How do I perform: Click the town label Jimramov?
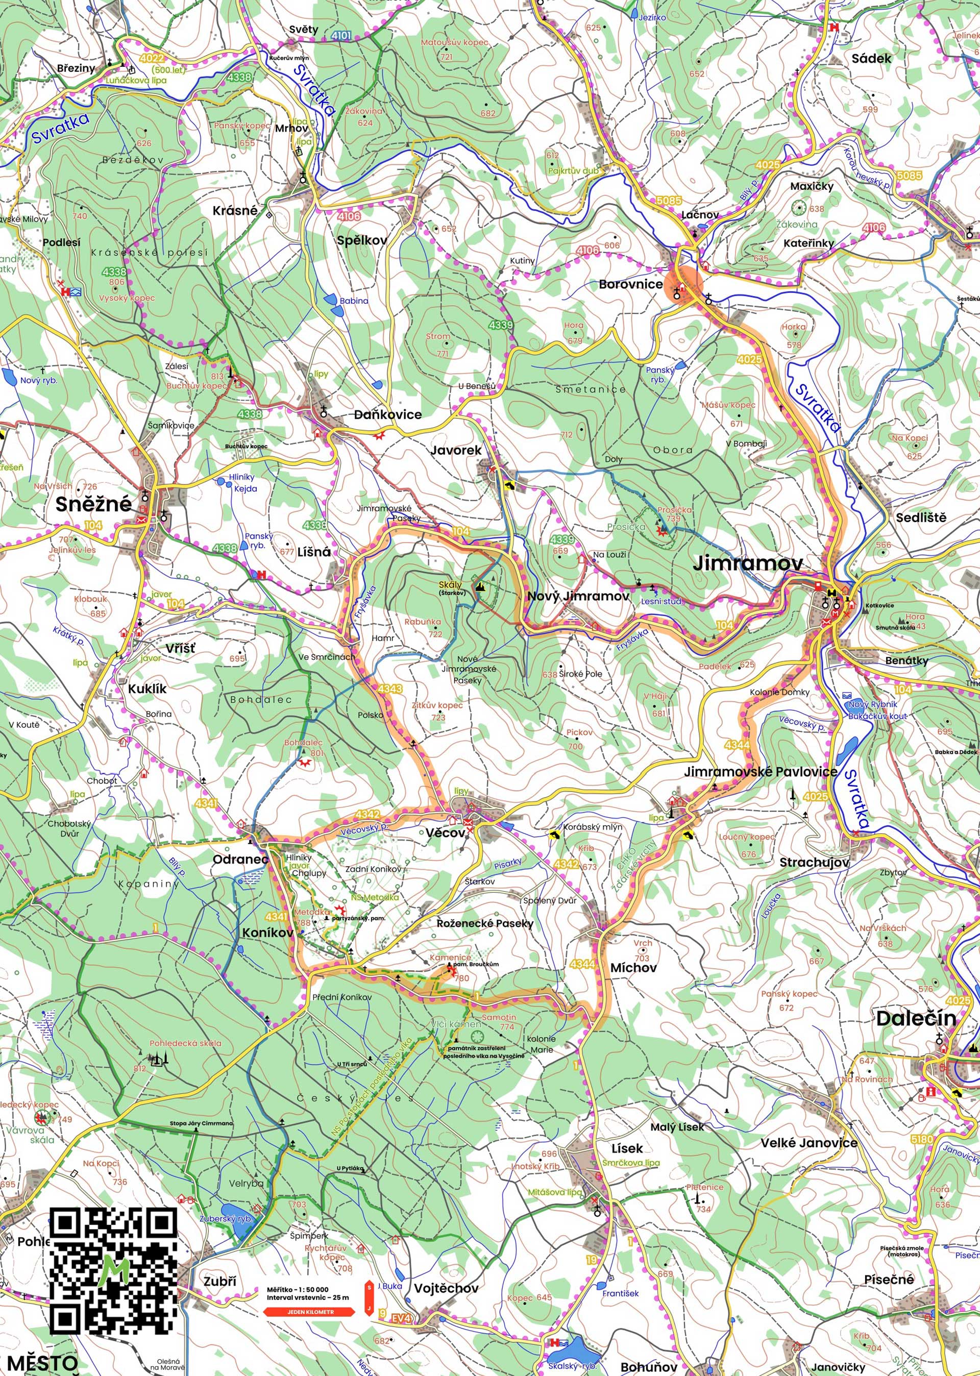click(x=748, y=563)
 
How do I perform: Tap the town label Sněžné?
click(x=93, y=504)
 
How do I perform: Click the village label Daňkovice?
click(x=387, y=414)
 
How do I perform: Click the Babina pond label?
click(x=354, y=301)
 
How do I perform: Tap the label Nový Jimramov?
click(x=578, y=596)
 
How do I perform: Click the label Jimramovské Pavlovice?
click(x=761, y=772)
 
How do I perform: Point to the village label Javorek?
click(x=456, y=450)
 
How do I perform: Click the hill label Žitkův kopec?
click(x=437, y=705)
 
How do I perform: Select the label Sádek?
click(x=871, y=59)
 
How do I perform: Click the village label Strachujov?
click(x=814, y=863)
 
